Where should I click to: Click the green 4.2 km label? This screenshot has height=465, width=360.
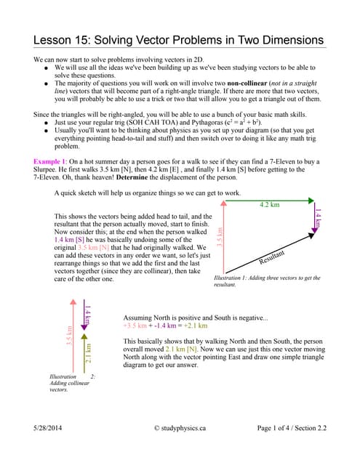(x=269, y=205)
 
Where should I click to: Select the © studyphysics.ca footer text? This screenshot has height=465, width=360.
(x=180, y=429)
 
